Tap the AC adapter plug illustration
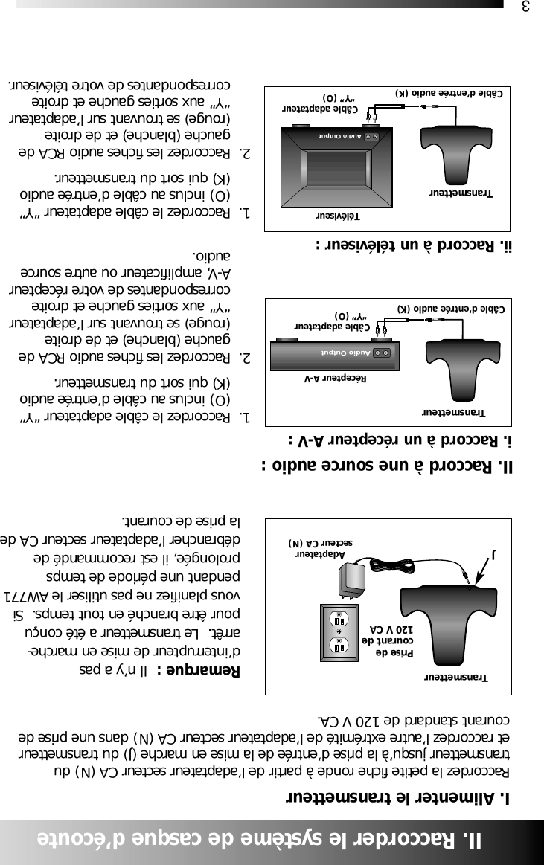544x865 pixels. click(351, 582)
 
